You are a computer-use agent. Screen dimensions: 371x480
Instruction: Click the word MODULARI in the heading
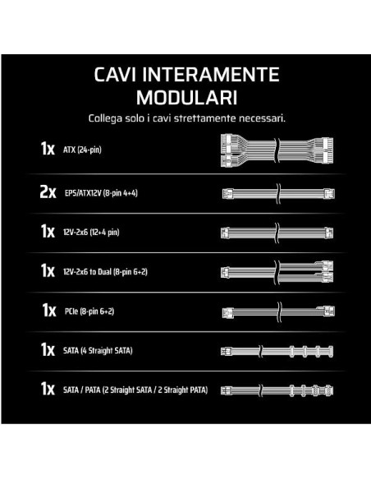tap(186, 98)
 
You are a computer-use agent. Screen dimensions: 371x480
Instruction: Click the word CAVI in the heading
tap(115, 75)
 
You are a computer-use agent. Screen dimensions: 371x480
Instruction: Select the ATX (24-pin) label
tap(82, 150)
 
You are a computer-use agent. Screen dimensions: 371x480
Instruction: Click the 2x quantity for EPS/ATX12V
tap(48, 192)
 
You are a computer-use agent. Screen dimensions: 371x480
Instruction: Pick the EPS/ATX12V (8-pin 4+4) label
tap(101, 193)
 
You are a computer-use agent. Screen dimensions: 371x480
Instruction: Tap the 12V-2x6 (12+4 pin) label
tap(91, 233)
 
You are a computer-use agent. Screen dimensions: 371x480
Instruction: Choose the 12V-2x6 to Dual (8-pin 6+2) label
tap(105, 272)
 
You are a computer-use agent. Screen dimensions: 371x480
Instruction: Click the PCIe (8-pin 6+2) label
tap(89, 312)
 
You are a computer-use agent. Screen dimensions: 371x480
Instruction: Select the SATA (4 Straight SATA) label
tap(98, 350)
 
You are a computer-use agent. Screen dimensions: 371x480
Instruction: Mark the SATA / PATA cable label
tap(135, 390)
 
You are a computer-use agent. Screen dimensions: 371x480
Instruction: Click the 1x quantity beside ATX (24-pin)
tap(48, 149)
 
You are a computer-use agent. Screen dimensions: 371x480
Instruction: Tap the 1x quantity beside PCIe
tap(49, 310)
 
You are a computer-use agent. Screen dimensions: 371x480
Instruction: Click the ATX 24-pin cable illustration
tap(277, 150)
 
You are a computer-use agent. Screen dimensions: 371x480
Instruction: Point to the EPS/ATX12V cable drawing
tap(278, 193)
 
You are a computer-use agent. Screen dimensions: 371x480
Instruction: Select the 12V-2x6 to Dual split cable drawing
tap(277, 272)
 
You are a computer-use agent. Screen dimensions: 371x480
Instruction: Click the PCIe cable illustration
tap(278, 312)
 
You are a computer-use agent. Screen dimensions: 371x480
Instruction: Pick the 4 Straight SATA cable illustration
tap(277, 351)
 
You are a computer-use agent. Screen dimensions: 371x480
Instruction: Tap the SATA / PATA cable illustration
tap(277, 390)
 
